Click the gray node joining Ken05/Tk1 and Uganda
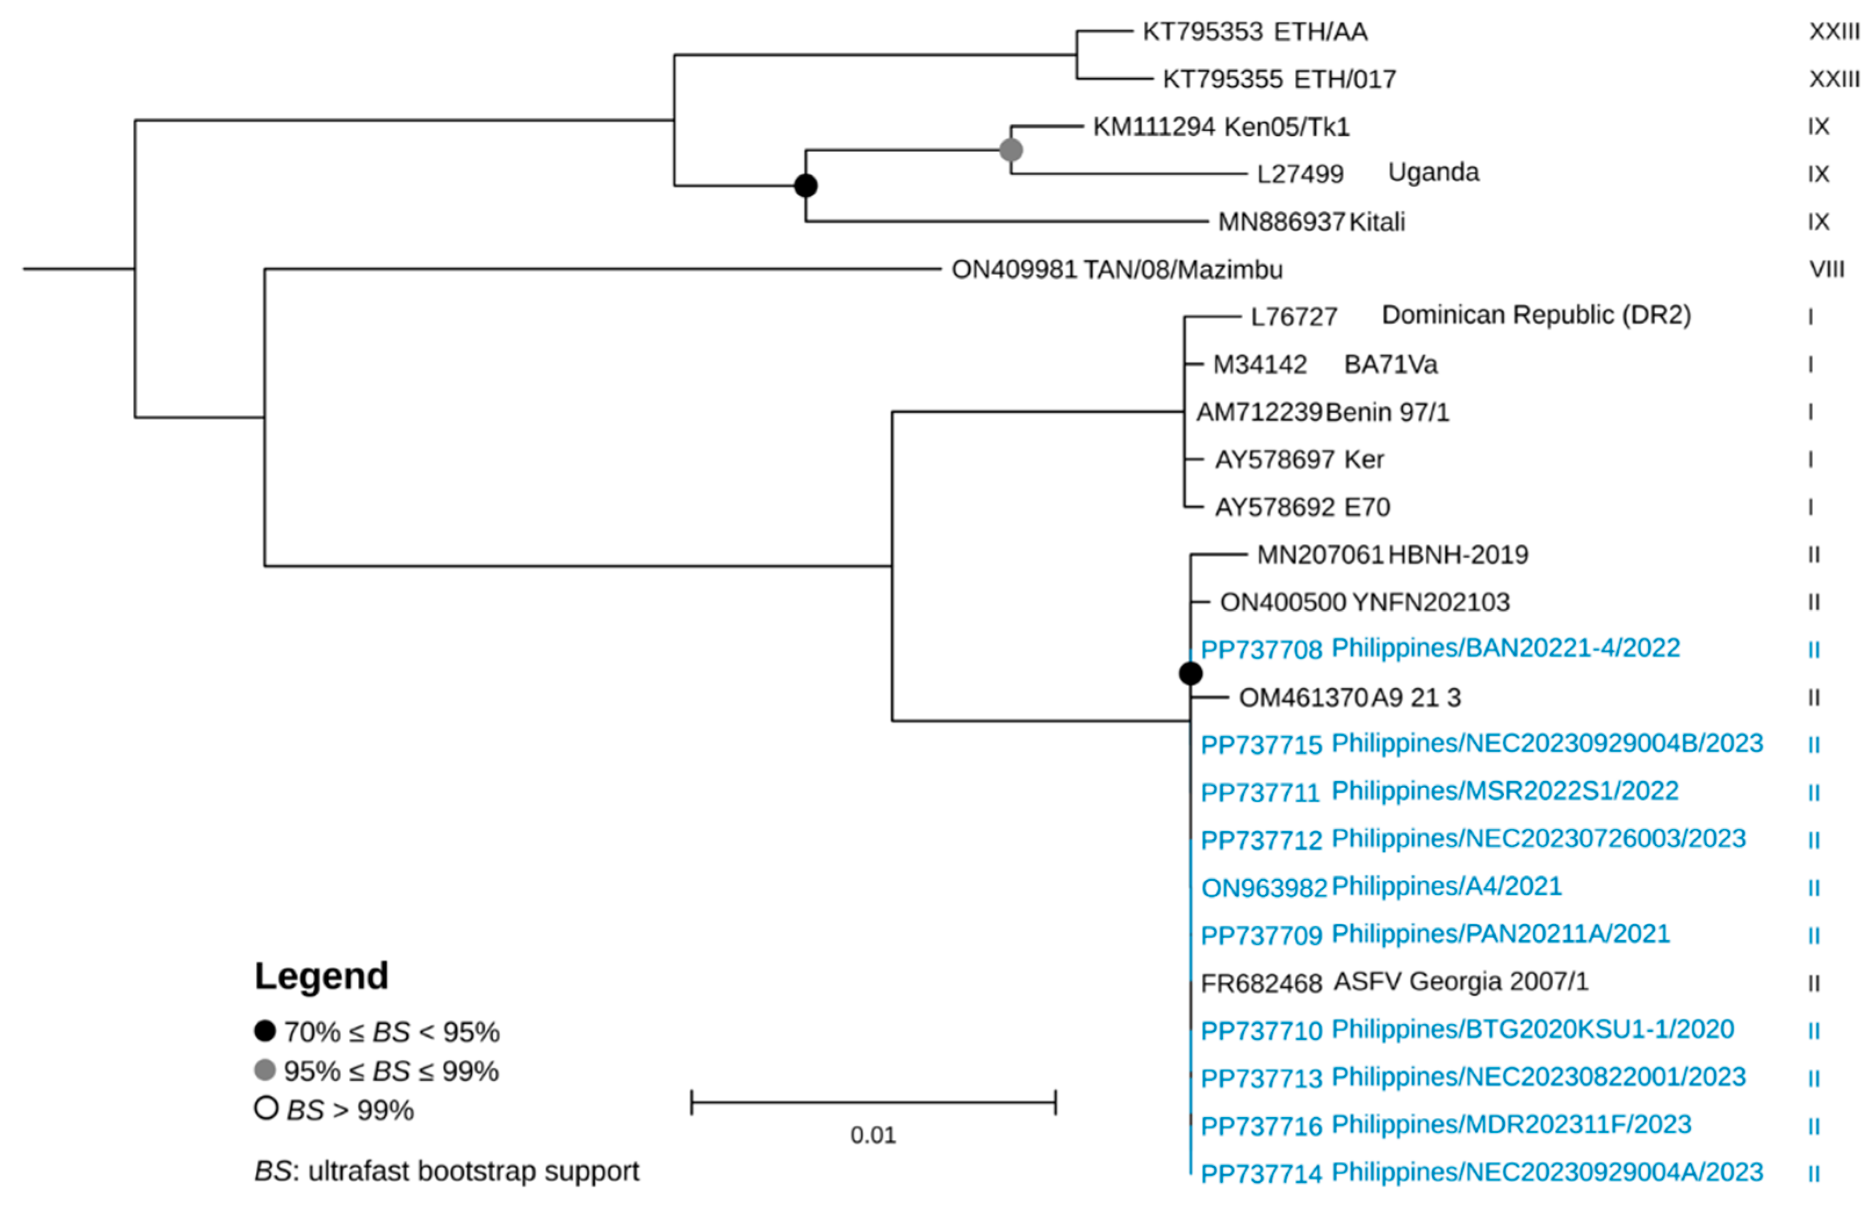pyautogui.click(x=1011, y=150)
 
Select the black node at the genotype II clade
pyautogui.click(x=1190, y=673)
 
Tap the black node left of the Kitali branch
pyautogui.click(x=806, y=186)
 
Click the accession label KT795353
pyautogui.click(x=1203, y=32)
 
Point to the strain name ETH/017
pyautogui.click(x=1345, y=79)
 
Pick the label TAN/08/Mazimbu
pyautogui.click(x=1182, y=269)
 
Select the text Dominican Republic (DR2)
pyautogui.click(x=1536, y=315)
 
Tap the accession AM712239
pyautogui.click(x=1258, y=412)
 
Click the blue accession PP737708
pyautogui.click(x=1261, y=650)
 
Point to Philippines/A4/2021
pyautogui.click(x=1446, y=886)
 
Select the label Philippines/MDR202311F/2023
pyautogui.click(x=1511, y=1125)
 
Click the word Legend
pyautogui.click(x=321, y=976)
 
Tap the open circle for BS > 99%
pyautogui.click(x=266, y=1108)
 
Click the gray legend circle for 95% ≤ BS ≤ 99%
pyautogui.click(x=265, y=1069)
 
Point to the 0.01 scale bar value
pyautogui.click(x=872, y=1135)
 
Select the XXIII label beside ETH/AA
pyautogui.click(x=1833, y=32)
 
